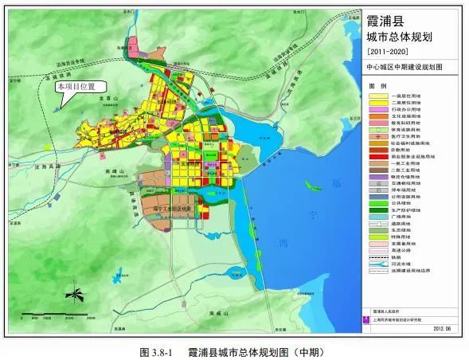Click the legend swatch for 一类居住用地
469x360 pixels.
(377, 96)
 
